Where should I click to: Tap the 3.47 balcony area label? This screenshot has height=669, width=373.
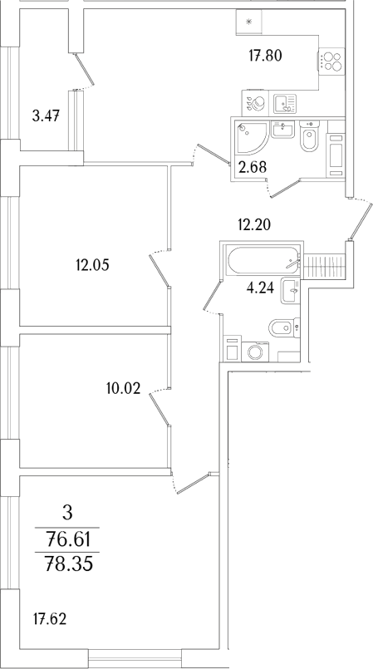pos(46,114)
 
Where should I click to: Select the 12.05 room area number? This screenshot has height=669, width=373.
pos(92,266)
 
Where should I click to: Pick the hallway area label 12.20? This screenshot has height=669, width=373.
pos(254,223)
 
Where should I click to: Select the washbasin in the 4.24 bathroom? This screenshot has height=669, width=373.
pos(291,291)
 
